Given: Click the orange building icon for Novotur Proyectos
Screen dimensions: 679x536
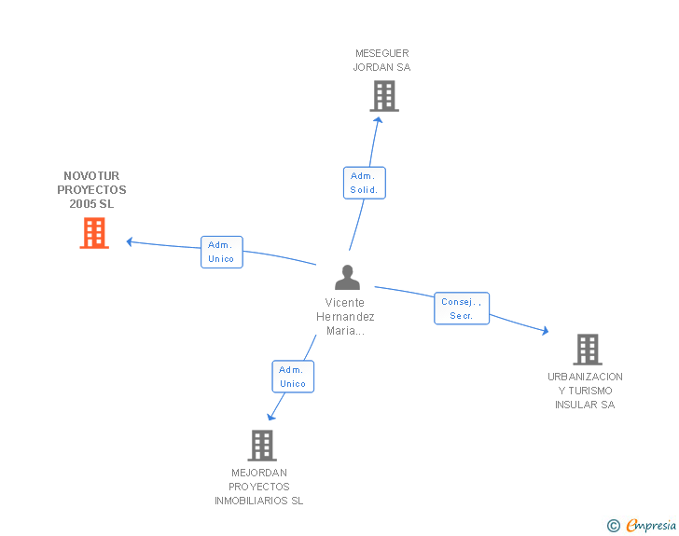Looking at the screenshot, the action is click(x=94, y=233).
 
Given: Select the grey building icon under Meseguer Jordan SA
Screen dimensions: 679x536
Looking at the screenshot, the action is click(x=384, y=96).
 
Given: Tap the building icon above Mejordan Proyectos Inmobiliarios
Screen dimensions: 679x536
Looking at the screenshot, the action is click(x=262, y=446).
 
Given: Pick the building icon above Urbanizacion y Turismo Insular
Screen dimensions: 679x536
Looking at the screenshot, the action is click(x=588, y=350).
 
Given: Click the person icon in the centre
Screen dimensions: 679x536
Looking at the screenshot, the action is click(x=347, y=278).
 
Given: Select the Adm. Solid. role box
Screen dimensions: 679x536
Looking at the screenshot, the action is click(x=364, y=183).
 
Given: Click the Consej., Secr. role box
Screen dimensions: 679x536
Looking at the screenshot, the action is click(x=462, y=309).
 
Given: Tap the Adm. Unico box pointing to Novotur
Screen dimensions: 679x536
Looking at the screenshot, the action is click(x=222, y=252).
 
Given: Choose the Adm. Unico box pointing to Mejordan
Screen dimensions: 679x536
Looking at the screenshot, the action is click(x=293, y=377).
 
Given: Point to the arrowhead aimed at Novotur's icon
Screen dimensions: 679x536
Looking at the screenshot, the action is click(x=129, y=241).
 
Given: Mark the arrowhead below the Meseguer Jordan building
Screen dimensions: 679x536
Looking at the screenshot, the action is click(x=378, y=120).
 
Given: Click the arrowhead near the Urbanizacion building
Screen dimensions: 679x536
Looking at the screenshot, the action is click(x=546, y=331).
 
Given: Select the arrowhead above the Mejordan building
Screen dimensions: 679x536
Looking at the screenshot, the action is click(x=270, y=418).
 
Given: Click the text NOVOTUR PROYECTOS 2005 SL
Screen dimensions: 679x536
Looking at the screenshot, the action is click(x=91, y=189).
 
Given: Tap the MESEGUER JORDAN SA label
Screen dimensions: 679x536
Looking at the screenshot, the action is click(x=382, y=61).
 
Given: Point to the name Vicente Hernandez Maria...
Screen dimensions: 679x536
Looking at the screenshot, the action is click(x=345, y=317).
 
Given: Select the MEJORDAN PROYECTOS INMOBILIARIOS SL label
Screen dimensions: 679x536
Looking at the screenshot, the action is click(x=259, y=487).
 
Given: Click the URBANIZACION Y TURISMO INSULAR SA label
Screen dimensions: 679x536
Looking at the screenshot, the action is click(x=585, y=391).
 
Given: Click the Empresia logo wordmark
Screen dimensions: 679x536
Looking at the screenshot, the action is click(x=651, y=525).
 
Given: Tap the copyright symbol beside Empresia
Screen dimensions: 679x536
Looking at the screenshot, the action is click(x=613, y=526).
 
